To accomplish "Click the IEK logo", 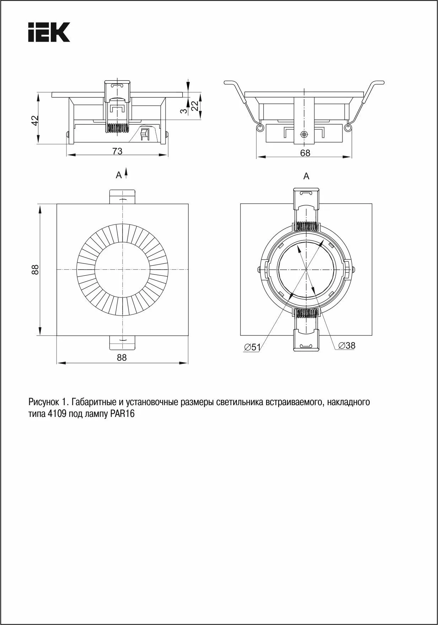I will coord(49,32).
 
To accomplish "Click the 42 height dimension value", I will coord(35,121).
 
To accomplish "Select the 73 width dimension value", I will coord(117,151).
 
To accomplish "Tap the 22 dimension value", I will coord(194,106).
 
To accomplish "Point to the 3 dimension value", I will coord(183,111).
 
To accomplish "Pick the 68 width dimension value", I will coord(305,153).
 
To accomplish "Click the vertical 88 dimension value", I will coord(35,270).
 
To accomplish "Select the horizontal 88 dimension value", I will coord(121,357).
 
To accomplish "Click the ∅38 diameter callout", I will coord(347,345).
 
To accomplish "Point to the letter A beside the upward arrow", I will coord(119,175).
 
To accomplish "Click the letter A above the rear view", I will coord(306,176).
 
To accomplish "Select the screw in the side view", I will coord(304,134).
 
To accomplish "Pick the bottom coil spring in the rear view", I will coord(306,313).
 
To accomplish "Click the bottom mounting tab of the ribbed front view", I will coord(122,343).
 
